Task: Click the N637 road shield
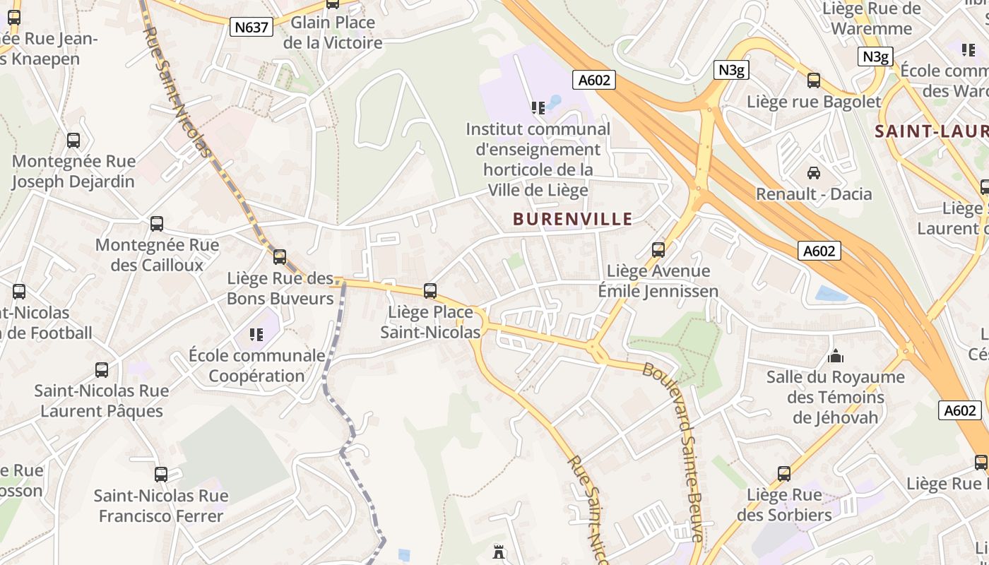[251, 27]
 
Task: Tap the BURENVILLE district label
[573, 219]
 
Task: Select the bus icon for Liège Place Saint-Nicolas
[430, 290]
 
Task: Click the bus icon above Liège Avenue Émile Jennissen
[658, 249]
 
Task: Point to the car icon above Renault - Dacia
[814, 172]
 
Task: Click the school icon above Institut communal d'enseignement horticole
[538, 107]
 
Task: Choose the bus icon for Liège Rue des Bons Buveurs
[280, 256]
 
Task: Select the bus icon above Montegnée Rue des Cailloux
[157, 224]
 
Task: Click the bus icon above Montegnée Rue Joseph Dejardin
[73, 140]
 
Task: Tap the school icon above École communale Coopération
[256, 334]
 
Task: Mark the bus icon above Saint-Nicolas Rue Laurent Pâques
[102, 369]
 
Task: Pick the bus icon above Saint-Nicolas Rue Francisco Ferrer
[161, 475]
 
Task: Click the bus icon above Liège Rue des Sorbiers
[784, 473]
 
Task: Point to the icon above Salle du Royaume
[836, 355]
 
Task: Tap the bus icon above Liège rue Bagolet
[814, 81]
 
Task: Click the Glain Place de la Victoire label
[333, 32]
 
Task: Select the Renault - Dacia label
[814, 194]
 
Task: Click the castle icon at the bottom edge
[499, 552]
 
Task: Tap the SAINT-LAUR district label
[931, 131]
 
